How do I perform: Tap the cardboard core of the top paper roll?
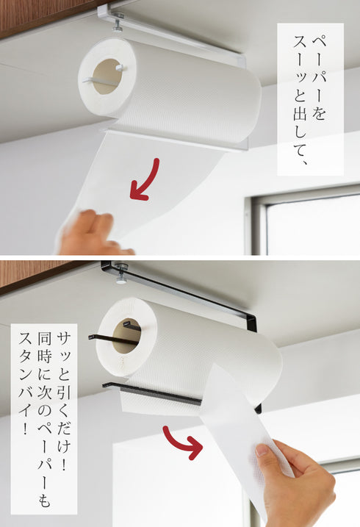106,76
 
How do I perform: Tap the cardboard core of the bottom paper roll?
126,335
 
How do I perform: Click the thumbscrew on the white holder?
118,22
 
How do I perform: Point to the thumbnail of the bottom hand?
262,450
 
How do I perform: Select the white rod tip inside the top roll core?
120,68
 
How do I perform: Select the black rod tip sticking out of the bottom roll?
91,337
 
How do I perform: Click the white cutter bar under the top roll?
175,140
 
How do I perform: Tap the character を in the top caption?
319,112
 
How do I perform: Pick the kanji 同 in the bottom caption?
44,339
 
